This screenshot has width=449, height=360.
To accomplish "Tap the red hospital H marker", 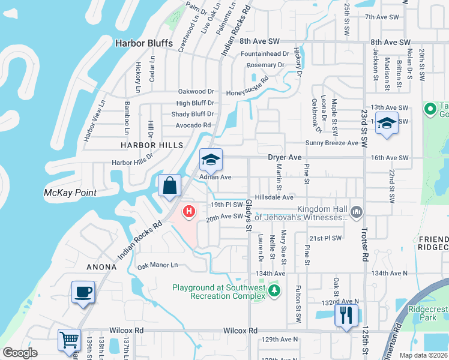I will point(189,211).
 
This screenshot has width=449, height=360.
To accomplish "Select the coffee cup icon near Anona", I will point(83,293).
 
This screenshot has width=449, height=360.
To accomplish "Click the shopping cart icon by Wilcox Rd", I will point(70,340).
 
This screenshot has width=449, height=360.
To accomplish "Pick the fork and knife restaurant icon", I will point(346,315).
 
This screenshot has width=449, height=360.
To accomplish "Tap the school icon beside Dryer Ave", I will point(211,160).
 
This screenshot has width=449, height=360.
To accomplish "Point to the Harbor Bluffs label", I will point(144,43).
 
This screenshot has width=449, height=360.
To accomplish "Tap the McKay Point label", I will point(70,193).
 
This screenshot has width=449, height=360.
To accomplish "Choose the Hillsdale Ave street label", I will point(274,197).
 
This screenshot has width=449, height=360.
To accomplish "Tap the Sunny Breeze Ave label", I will point(331,143).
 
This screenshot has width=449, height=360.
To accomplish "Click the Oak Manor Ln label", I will point(158,265).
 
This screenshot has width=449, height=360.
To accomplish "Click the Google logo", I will point(20,353).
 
